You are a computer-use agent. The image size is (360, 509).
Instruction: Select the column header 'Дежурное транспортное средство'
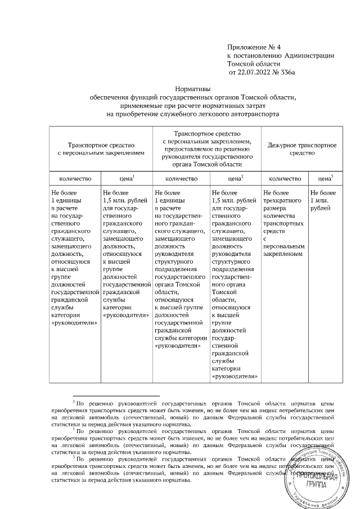point(298,148)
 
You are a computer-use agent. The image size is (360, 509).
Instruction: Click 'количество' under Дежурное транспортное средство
point(285,178)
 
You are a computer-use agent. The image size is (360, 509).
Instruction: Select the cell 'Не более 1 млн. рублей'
point(323,200)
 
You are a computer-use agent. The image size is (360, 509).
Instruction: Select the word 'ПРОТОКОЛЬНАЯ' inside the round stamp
point(319,474)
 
